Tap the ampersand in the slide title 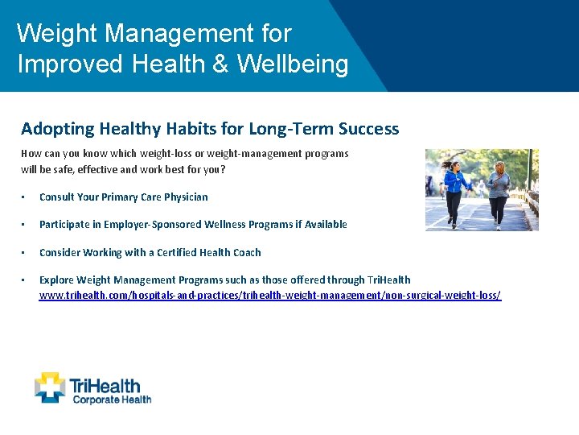pos(220,64)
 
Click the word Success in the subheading pos(368,129)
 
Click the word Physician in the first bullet pos(182,197)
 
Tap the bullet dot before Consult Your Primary pos(25,197)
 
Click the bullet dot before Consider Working pos(25,253)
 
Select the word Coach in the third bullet pos(245,253)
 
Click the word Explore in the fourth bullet pos(56,280)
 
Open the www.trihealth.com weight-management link pos(269,296)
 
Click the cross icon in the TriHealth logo pos(50,387)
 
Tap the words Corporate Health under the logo pos(111,399)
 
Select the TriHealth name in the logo pos(105,384)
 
